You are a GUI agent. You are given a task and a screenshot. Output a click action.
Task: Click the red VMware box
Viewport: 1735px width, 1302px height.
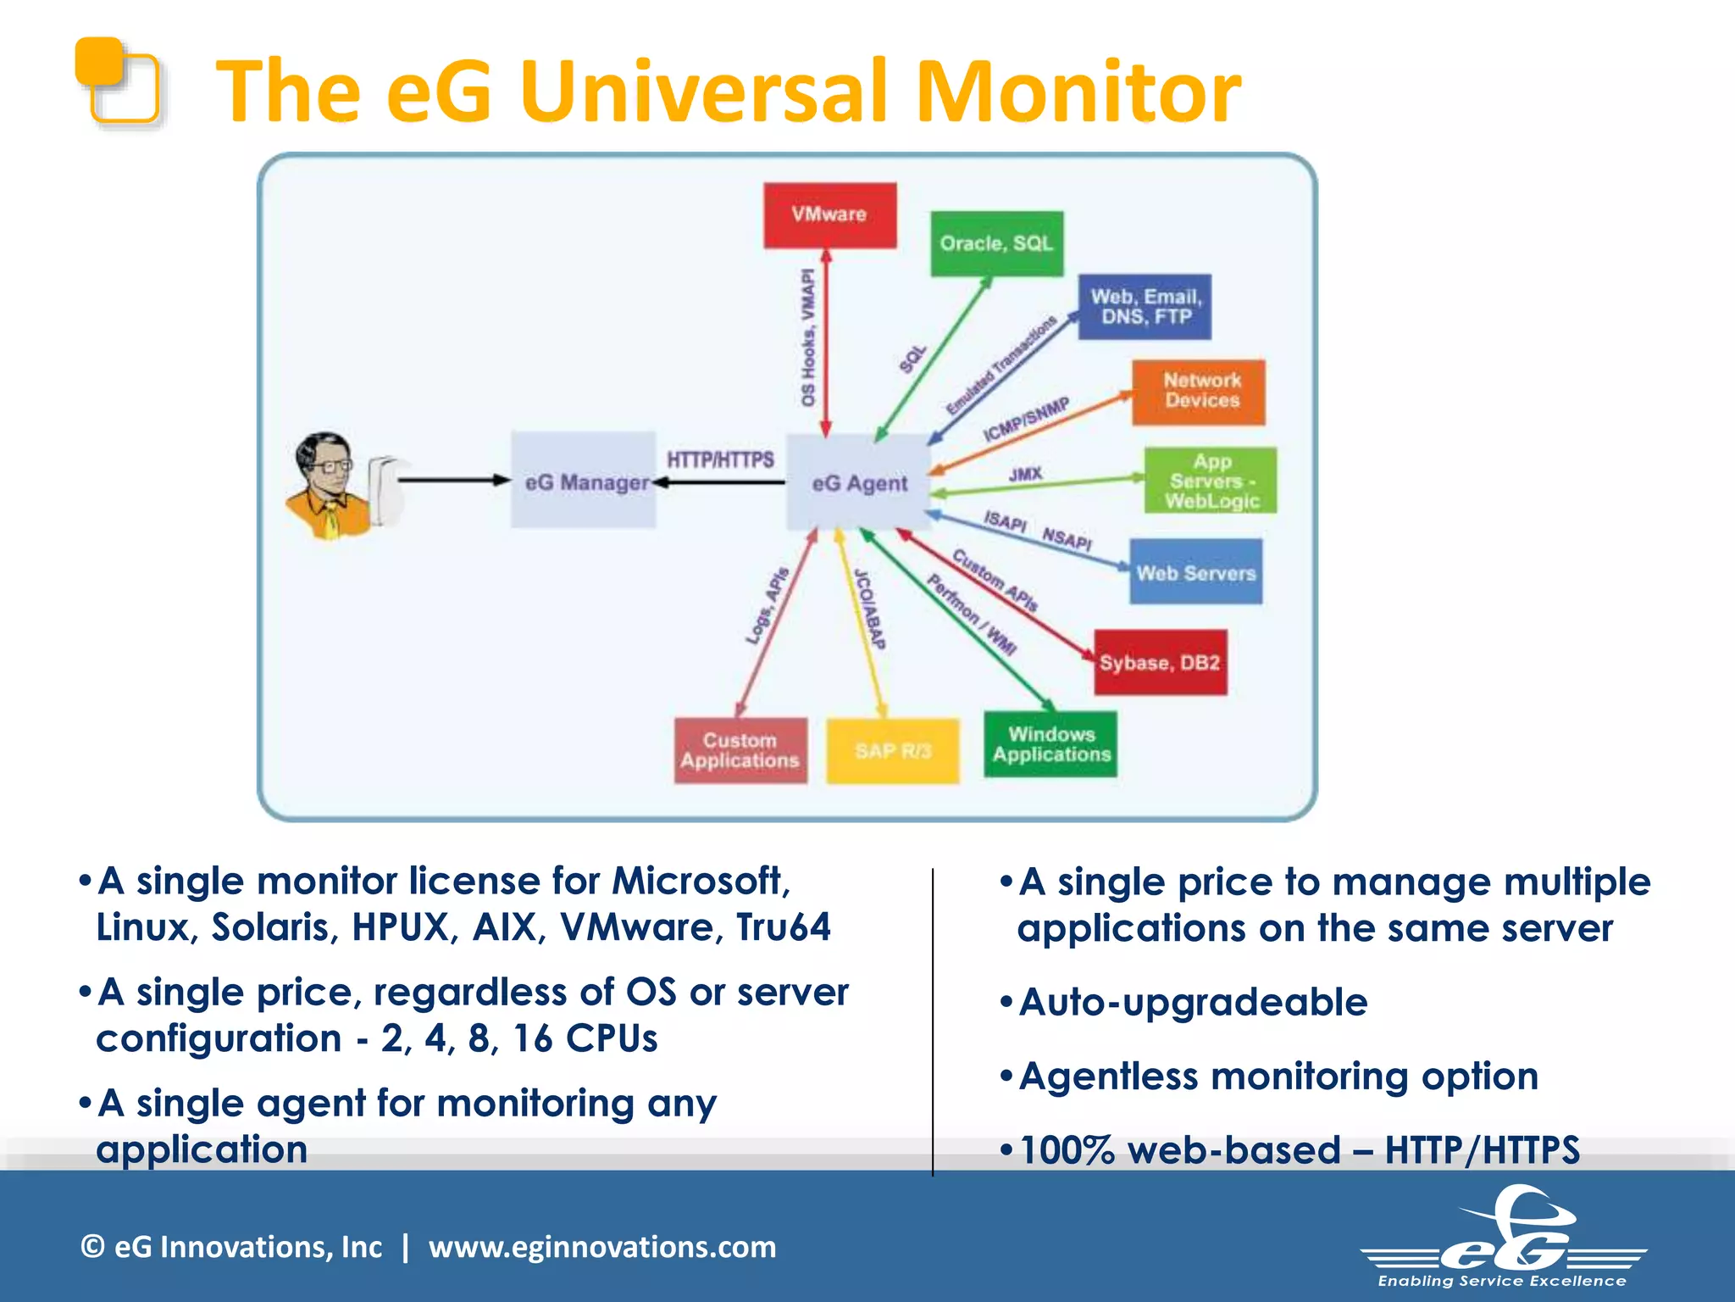pos(829,215)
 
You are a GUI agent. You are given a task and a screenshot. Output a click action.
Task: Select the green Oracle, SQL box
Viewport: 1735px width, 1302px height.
pos(996,244)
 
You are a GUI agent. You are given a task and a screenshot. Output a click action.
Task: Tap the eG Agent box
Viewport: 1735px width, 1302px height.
pos(858,482)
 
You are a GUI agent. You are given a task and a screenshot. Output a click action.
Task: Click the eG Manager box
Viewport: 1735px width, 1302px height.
pos(584,481)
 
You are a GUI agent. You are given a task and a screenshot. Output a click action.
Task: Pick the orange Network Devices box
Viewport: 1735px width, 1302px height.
pos(1199,392)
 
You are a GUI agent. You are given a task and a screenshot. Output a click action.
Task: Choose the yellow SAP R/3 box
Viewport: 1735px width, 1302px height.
pos(893,751)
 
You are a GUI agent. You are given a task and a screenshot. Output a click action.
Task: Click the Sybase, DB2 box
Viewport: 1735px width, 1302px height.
pos(1160,663)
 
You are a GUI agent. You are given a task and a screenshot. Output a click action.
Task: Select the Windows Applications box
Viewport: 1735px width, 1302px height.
pos(1050,745)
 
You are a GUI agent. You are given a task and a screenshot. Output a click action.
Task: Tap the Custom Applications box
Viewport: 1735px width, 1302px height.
pos(740,751)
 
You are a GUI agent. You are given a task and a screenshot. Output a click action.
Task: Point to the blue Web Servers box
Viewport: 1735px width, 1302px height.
pos(1195,572)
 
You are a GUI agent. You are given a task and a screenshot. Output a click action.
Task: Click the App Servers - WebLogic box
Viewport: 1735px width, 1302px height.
pos(1211,481)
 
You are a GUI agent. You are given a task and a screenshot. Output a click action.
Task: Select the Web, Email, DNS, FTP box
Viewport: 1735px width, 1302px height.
pos(1145,307)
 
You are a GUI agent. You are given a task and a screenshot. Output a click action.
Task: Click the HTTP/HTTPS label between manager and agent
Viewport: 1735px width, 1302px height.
pos(720,459)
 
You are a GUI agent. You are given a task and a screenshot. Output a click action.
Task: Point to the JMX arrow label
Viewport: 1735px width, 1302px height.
pos(1025,474)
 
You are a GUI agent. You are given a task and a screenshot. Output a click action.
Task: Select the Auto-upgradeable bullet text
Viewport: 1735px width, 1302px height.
pos(1193,1002)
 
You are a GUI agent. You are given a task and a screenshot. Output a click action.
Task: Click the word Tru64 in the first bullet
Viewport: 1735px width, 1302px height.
pos(783,926)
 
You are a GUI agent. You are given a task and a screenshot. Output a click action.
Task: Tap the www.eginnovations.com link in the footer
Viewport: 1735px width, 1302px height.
pos(602,1247)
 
